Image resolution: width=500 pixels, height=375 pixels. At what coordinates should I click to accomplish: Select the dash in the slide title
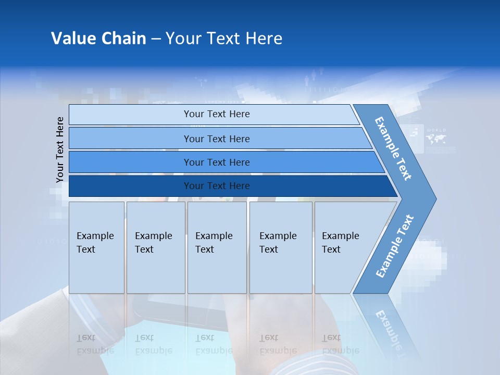pos(156,39)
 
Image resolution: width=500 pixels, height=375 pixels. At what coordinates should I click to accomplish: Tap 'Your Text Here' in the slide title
pos(224,39)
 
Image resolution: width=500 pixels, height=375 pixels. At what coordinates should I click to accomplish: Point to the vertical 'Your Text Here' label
pos(60,149)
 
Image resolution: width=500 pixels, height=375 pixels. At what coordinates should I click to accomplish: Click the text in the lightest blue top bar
pos(217,114)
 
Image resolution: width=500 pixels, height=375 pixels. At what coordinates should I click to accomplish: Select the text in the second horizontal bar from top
pos(217,139)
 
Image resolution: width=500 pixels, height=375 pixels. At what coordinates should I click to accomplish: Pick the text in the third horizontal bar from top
pos(217,162)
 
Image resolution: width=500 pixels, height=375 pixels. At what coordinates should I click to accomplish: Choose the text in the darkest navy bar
pos(217,186)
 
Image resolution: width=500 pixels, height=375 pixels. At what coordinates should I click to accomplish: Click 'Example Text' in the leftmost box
pos(95,243)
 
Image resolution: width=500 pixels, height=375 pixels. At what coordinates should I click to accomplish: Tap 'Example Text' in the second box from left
pos(153,243)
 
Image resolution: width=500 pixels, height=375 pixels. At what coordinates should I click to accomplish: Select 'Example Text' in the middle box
pos(214,243)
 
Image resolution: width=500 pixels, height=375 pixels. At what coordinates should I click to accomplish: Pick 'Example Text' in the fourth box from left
pos(278,243)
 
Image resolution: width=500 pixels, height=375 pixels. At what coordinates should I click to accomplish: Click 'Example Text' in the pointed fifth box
pos(340,243)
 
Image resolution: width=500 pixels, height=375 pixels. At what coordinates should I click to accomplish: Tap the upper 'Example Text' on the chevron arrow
pos(393,148)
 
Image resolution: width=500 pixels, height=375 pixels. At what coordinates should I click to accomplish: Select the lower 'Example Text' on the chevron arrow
pos(394,246)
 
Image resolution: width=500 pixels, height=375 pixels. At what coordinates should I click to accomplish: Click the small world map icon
pos(435,139)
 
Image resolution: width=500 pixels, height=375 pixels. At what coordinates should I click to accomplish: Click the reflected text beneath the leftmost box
pos(95,344)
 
